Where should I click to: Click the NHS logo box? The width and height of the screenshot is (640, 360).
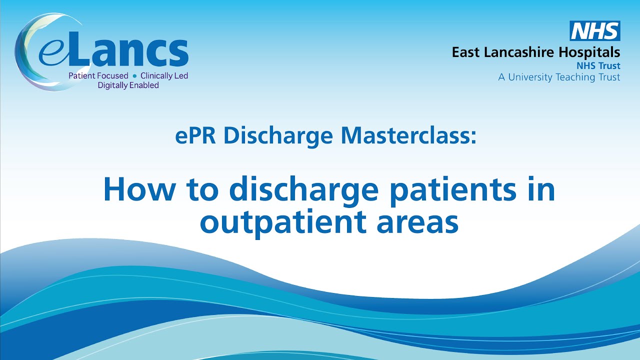[x=595, y=31]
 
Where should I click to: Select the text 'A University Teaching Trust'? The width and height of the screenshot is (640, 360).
[x=559, y=77]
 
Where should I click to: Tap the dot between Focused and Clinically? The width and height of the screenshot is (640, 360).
[x=134, y=76]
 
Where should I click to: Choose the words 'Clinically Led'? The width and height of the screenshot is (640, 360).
[x=164, y=76]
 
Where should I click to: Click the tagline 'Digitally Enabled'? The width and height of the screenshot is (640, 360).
[x=128, y=85]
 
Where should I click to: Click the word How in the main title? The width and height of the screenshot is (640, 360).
[x=131, y=189]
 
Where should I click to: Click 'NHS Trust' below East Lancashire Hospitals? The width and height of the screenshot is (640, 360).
[x=598, y=65]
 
